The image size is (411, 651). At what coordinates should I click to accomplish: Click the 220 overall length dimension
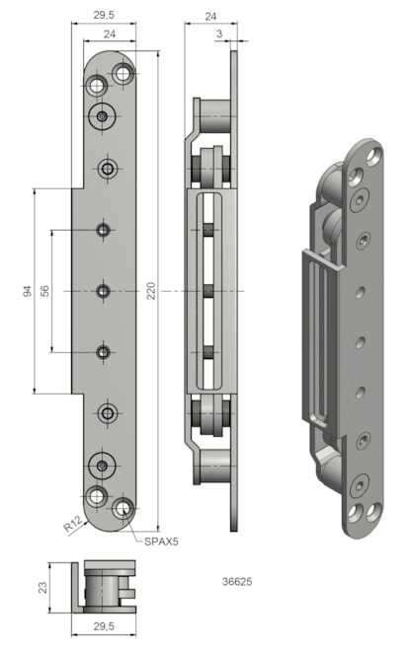(x=151, y=291)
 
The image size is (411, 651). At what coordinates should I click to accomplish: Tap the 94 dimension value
(x=27, y=291)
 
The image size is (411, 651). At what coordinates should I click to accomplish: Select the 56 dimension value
(x=44, y=291)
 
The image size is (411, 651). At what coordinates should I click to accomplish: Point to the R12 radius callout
(x=72, y=526)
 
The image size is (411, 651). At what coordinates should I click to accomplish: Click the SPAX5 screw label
(x=161, y=542)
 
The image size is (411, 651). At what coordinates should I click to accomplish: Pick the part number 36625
(x=237, y=582)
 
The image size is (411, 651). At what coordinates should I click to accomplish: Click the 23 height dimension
(x=42, y=587)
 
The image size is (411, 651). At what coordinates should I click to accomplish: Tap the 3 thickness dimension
(x=219, y=35)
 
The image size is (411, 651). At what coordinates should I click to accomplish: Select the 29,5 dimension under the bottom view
(x=104, y=625)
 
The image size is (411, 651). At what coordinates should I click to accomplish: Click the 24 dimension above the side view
(x=210, y=16)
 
